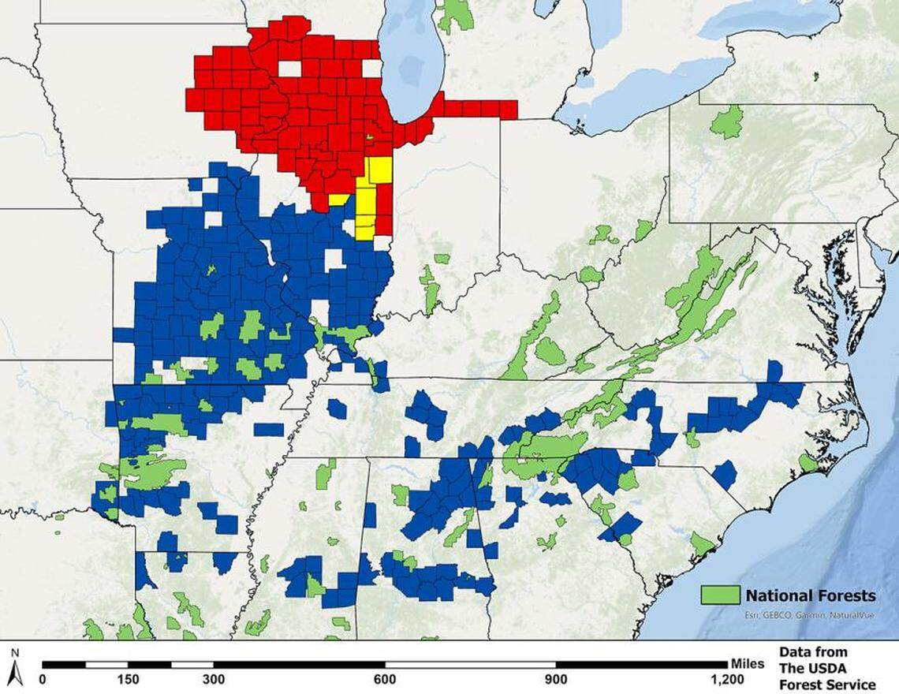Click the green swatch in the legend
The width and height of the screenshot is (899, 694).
(720, 595)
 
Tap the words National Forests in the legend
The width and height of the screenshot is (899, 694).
(810, 595)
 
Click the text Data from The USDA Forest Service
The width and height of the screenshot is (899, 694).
(826, 668)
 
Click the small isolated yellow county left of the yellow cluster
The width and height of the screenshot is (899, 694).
(338, 200)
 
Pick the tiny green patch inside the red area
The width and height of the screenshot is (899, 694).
(369, 139)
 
